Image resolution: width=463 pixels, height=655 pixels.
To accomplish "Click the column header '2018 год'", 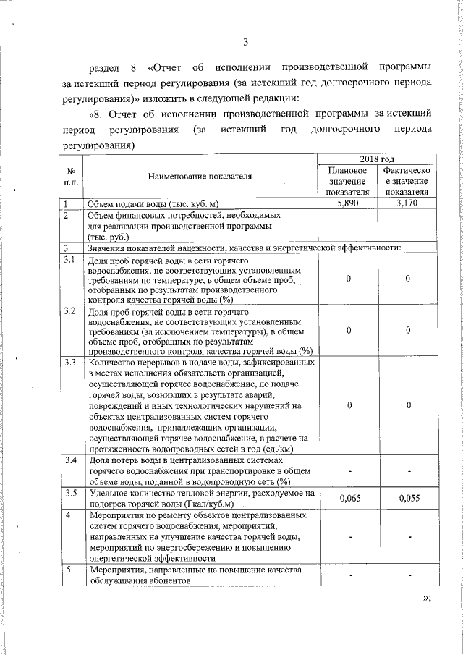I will click(x=378, y=159).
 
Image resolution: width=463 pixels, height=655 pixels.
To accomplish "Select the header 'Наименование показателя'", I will click(x=200, y=177).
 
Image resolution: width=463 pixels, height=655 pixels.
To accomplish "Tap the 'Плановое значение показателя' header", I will click(x=348, y=180).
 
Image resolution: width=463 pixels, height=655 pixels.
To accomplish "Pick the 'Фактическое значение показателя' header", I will click(x=407, y=180).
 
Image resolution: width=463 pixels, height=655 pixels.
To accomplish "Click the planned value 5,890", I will click(x=348, y=203).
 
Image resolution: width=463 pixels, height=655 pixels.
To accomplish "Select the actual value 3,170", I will click(x=407, y=203).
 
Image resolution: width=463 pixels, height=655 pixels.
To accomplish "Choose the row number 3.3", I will click(x=70, y=362).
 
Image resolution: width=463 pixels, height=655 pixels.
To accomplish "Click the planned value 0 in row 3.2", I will click(x=348, y=330).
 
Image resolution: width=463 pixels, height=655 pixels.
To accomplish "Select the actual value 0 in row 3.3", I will click(x=407, y=405).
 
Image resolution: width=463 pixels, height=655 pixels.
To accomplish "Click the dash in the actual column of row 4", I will click(x=407, y=537).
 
